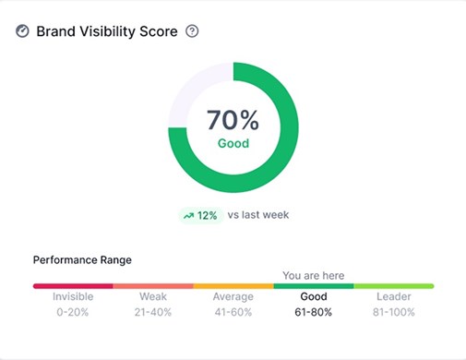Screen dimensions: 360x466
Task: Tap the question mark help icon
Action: pos(192,31)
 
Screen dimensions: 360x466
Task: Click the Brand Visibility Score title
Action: pos(108,31)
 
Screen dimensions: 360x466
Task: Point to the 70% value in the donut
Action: pos(233,120)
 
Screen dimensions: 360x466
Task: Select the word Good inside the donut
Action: pos(233,144)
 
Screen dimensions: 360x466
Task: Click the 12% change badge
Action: pos(200,215)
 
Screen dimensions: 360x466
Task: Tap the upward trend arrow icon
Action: pos(188,215)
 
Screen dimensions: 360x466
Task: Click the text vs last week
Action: pos(257,215)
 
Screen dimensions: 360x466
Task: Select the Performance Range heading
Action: pos(82,260)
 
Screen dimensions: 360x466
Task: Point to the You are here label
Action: pos(313,275)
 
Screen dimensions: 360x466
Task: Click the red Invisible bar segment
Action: pos(73,286)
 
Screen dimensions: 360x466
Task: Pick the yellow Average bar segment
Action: pos(233,286)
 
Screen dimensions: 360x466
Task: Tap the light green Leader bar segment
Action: pos(393,286)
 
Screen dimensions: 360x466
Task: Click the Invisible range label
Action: pos(73,297)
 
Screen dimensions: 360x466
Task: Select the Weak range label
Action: pos(153,297)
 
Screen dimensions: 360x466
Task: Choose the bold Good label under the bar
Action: pos(314,297)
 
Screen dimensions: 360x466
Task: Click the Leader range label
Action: pos(394,297)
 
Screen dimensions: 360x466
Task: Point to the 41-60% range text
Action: pos(233,312)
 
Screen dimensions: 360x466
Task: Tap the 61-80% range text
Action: pos(314,312)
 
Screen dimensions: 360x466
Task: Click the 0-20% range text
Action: pos(73,312)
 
